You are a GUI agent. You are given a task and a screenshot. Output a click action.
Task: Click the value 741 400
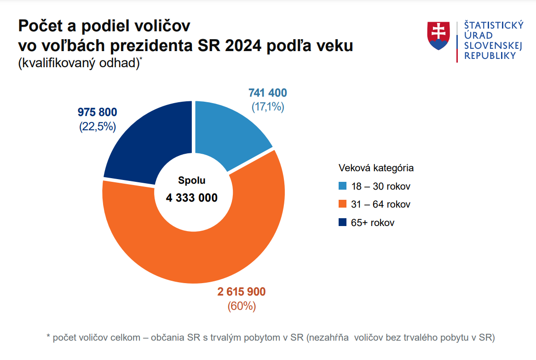click(267, 93)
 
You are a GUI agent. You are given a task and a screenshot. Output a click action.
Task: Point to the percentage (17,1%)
click(267, 107)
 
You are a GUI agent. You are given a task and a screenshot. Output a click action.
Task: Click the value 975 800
click(97, 112)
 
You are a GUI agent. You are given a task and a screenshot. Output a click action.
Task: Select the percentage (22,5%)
click(97, 127)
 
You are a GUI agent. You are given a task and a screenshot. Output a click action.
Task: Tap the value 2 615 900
click(241, 292)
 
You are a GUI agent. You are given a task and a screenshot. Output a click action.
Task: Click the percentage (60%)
click(241, 306)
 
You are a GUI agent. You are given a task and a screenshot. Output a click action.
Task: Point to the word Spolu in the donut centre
click(192, 181)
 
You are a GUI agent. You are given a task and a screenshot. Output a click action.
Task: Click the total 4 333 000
click(192, 198)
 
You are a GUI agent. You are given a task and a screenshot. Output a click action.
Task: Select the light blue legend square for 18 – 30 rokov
click(342, 186)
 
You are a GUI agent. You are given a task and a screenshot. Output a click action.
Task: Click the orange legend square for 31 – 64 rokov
click(342, 204)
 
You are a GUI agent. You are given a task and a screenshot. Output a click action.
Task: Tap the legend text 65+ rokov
click(373, 223)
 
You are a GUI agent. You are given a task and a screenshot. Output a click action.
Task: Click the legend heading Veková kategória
click(376, 168)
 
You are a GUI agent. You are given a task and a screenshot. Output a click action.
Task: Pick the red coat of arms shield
click(438, 35)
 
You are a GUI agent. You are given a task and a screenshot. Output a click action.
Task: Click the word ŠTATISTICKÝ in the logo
click(494, 25)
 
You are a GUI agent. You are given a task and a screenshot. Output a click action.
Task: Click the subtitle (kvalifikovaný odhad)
click(79, 64)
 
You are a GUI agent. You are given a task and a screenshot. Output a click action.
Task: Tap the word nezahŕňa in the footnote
click(329, 337)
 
